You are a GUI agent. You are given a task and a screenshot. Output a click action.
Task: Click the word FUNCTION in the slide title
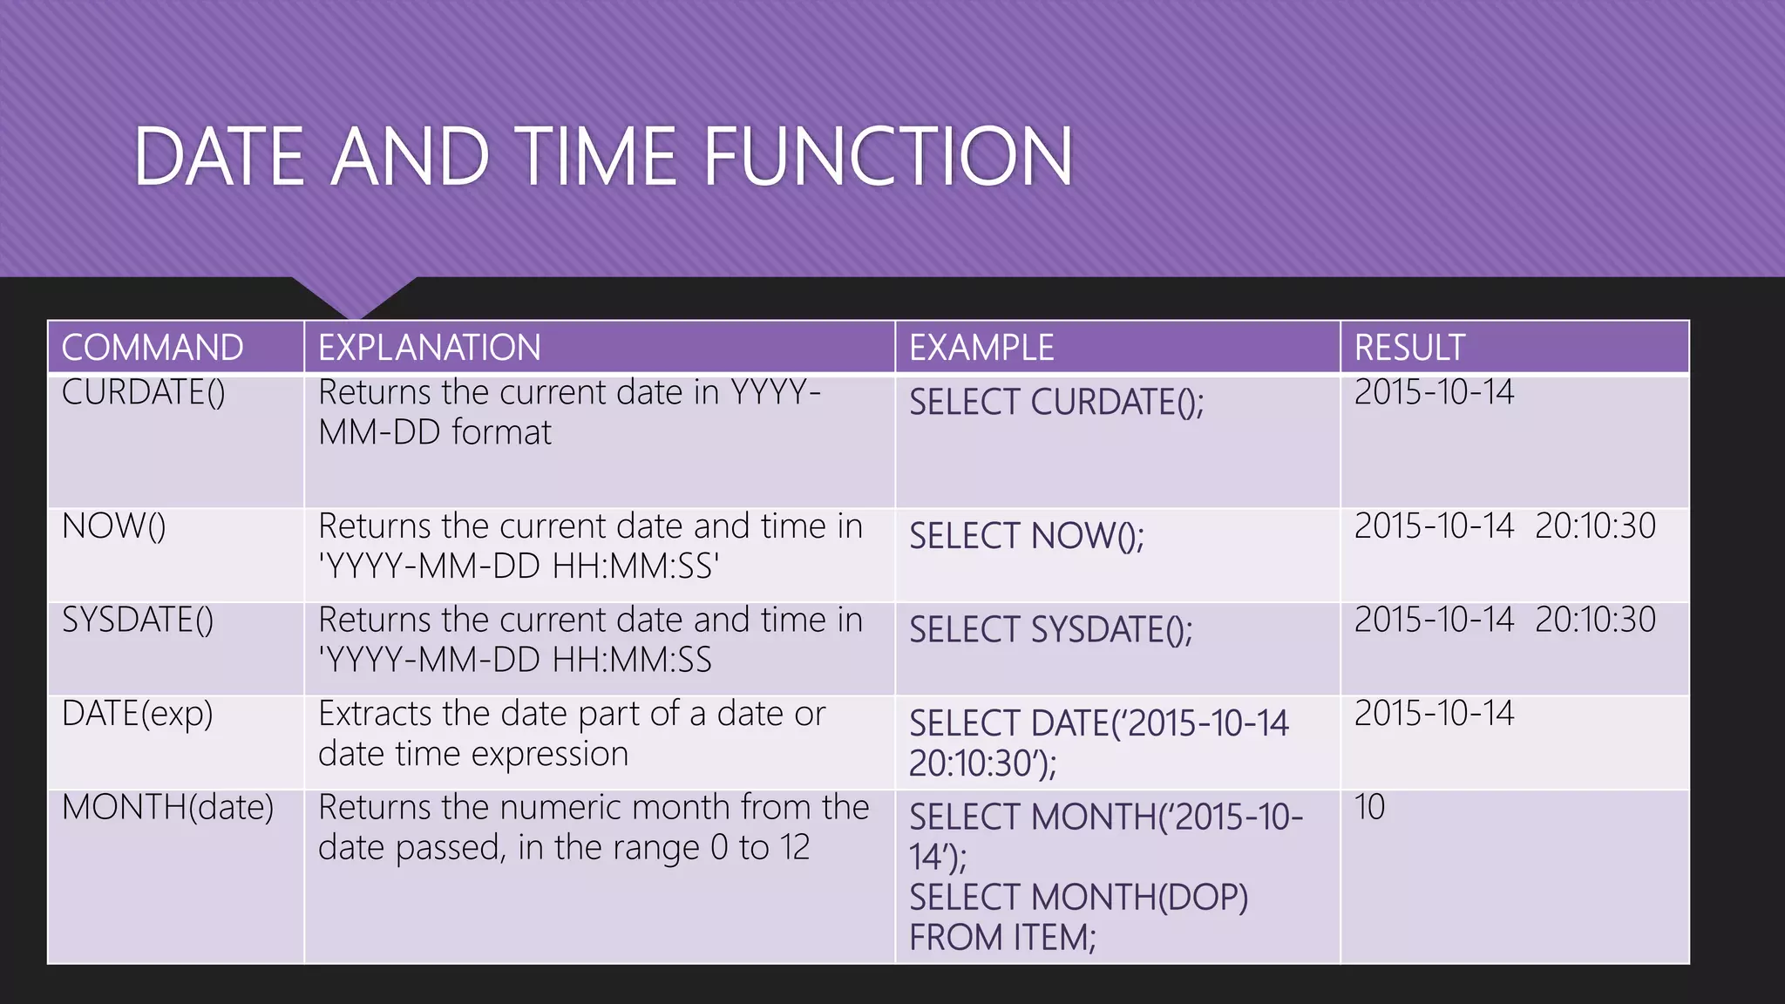pos(887,157)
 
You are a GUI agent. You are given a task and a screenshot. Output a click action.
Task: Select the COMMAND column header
pos(153,348)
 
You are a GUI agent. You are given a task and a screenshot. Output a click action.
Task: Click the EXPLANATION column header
pos(429,348)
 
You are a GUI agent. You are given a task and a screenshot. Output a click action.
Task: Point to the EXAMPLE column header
pos(981,348)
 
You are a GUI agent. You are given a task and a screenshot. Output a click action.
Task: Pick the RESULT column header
pos(1409,348)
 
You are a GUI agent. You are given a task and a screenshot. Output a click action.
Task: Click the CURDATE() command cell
pos(144,393)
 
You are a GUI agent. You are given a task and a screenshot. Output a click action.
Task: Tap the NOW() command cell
pos(114,526)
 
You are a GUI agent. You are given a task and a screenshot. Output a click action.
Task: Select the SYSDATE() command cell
pos(138,621)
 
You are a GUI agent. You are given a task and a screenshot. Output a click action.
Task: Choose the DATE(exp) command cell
pos(138,715)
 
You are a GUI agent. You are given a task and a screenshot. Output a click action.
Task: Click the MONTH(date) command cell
pos(167,808)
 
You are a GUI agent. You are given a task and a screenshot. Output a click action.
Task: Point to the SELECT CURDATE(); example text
pos(1056,403)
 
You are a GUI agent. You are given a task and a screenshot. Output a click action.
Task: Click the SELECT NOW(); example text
pos(1027,536)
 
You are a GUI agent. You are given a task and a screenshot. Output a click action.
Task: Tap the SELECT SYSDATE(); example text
pos(1051,630)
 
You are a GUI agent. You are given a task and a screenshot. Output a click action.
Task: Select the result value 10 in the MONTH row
pos(1369,808)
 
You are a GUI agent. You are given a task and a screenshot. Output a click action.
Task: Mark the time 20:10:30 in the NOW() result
pos(1595,526)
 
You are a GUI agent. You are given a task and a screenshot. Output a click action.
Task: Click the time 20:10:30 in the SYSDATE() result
pos(1595,621)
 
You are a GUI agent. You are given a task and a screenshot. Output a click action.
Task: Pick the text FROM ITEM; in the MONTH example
pos(1002,939)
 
